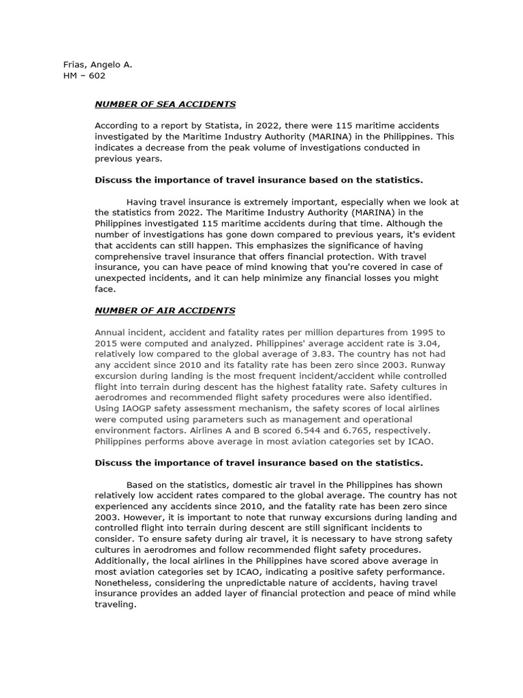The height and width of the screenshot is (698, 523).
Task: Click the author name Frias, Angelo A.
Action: (97, 65)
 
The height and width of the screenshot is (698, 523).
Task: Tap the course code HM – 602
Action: (84, 76)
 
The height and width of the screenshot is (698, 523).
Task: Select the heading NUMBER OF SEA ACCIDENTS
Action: (165, 104)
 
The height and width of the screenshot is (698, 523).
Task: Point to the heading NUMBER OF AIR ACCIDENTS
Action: (165, 310)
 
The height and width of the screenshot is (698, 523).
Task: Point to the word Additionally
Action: (123, 560)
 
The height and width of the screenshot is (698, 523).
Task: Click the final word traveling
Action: (116, 604)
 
